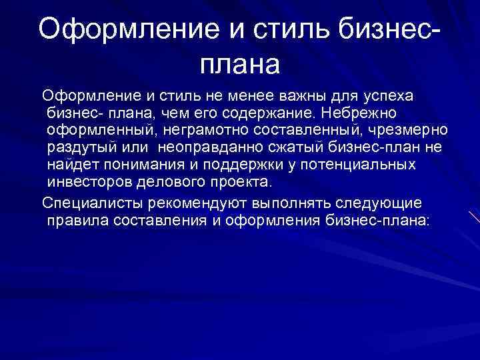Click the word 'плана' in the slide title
click(x=240, y=64)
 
